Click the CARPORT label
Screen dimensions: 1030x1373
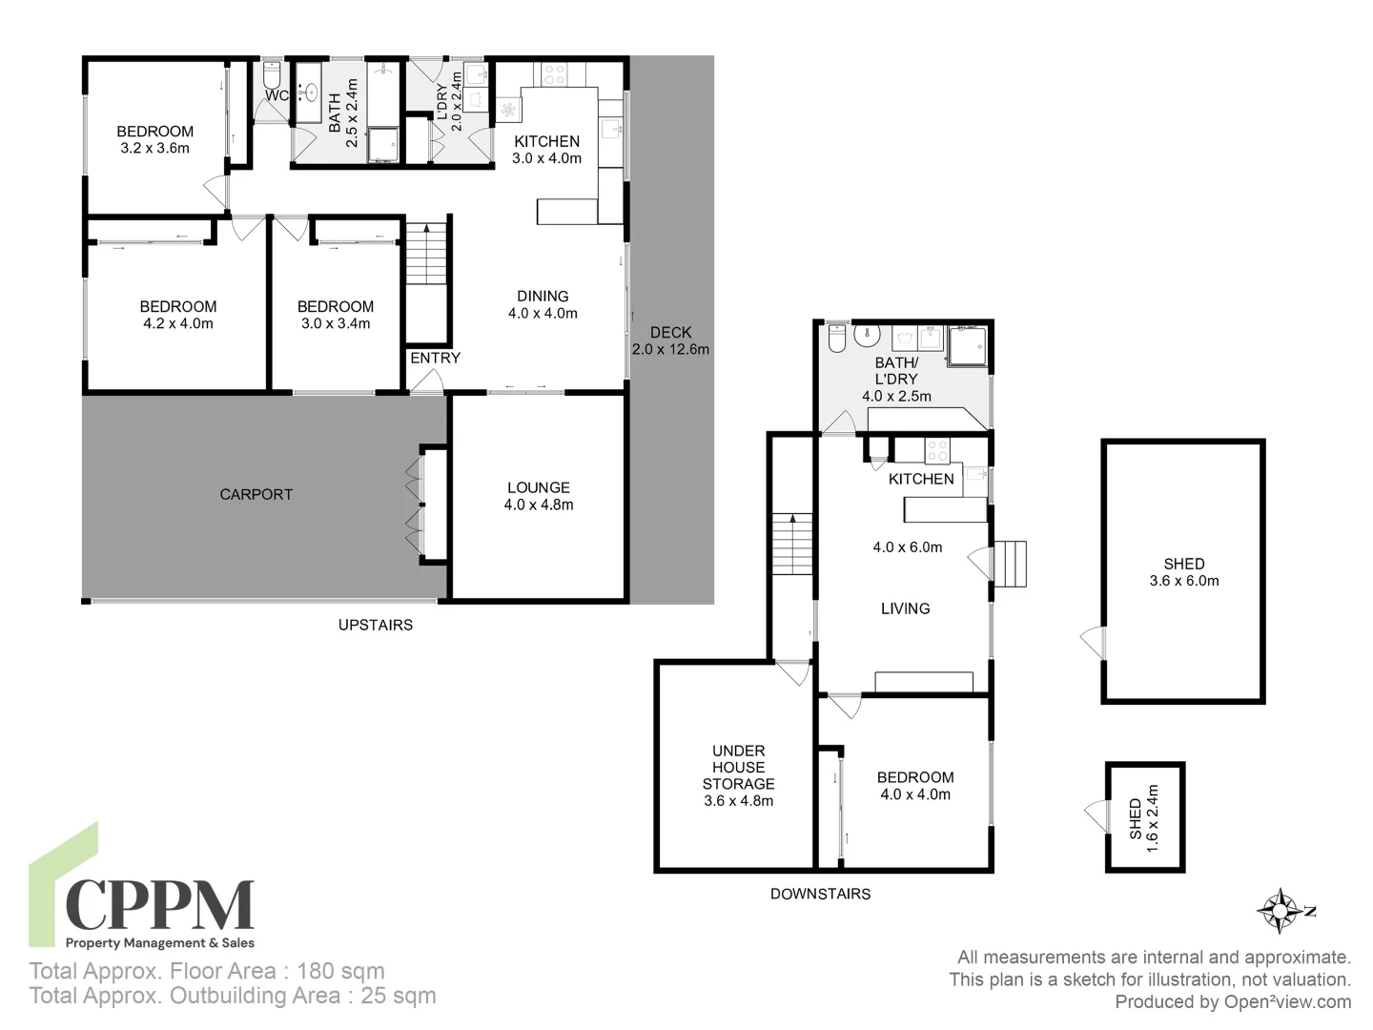[256, 494]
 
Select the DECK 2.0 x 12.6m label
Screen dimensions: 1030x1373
[670, 340]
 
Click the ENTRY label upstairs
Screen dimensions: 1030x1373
[435, 358]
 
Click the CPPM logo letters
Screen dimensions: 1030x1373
[159, 905]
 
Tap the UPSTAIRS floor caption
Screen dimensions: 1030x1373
[376, 625]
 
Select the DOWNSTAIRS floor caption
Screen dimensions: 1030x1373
[820, 894]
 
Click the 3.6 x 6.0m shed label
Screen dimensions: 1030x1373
[1183, 572]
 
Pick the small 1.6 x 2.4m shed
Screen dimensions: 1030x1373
[1144, 817]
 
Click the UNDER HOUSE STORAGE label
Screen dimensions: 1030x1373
[738, 775]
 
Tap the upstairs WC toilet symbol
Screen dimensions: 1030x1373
[271, 74]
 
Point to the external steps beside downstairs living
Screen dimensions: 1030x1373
[1010, 564]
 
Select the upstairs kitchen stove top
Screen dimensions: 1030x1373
[554, 73]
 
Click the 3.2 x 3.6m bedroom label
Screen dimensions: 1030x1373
[154, 139]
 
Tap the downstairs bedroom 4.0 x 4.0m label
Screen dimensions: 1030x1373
[915, 786]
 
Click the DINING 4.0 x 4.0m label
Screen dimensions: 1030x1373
[543, 304]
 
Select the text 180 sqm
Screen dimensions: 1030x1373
[340, 971]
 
